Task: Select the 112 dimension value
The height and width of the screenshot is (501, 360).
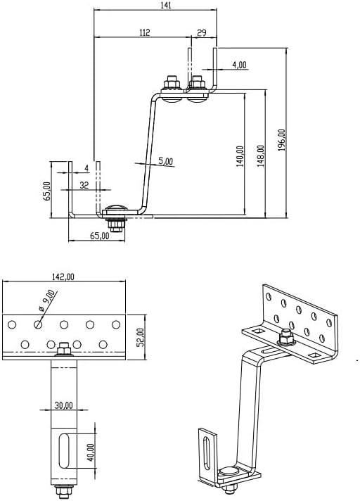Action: point(145,32)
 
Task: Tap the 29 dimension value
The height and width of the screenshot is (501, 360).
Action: point(202,32)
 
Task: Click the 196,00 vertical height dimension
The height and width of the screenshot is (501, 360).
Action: point(281,141)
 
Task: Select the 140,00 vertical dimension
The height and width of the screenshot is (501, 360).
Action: point(240,156)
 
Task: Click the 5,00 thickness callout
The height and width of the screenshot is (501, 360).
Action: point(165,161)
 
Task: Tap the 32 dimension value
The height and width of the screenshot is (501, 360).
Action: point(84,186)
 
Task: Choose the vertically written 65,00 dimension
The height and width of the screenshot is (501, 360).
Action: point(46,192)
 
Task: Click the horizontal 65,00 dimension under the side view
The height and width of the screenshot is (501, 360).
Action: point(100,236)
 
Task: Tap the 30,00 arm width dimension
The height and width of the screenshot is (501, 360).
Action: point(65,406)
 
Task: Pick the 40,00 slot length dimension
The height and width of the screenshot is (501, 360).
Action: point(90,451)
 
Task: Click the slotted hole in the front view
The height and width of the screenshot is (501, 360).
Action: point(64,451)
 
